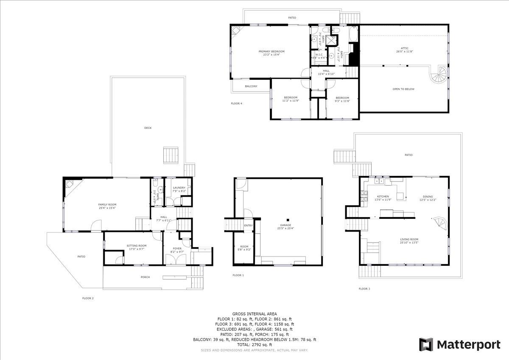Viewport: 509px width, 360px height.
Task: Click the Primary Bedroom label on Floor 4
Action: (271, 51)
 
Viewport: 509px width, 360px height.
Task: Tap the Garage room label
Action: (285, 225)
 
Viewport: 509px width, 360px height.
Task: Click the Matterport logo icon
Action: (426, 344)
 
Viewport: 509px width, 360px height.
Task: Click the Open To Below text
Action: (403, 89)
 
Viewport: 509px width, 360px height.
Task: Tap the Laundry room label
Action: (179, 187)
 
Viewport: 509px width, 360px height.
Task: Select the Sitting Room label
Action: (137, 246)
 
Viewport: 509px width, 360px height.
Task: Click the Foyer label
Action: (177, 248)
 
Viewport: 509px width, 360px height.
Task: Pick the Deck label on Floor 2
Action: (148, 128)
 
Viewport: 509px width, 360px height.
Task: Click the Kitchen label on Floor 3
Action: (383, 197)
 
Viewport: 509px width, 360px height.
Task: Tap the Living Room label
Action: (409, 240)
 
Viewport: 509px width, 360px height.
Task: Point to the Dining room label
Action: (428, 197)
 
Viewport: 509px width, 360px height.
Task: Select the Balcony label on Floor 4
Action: (251, 86)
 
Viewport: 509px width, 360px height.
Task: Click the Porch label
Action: (145, 277)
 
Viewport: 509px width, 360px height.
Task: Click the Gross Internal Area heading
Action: (255, 314)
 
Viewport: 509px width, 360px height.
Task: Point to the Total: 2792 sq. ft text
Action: (255, 345)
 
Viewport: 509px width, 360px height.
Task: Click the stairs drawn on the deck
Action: (171, 155)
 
